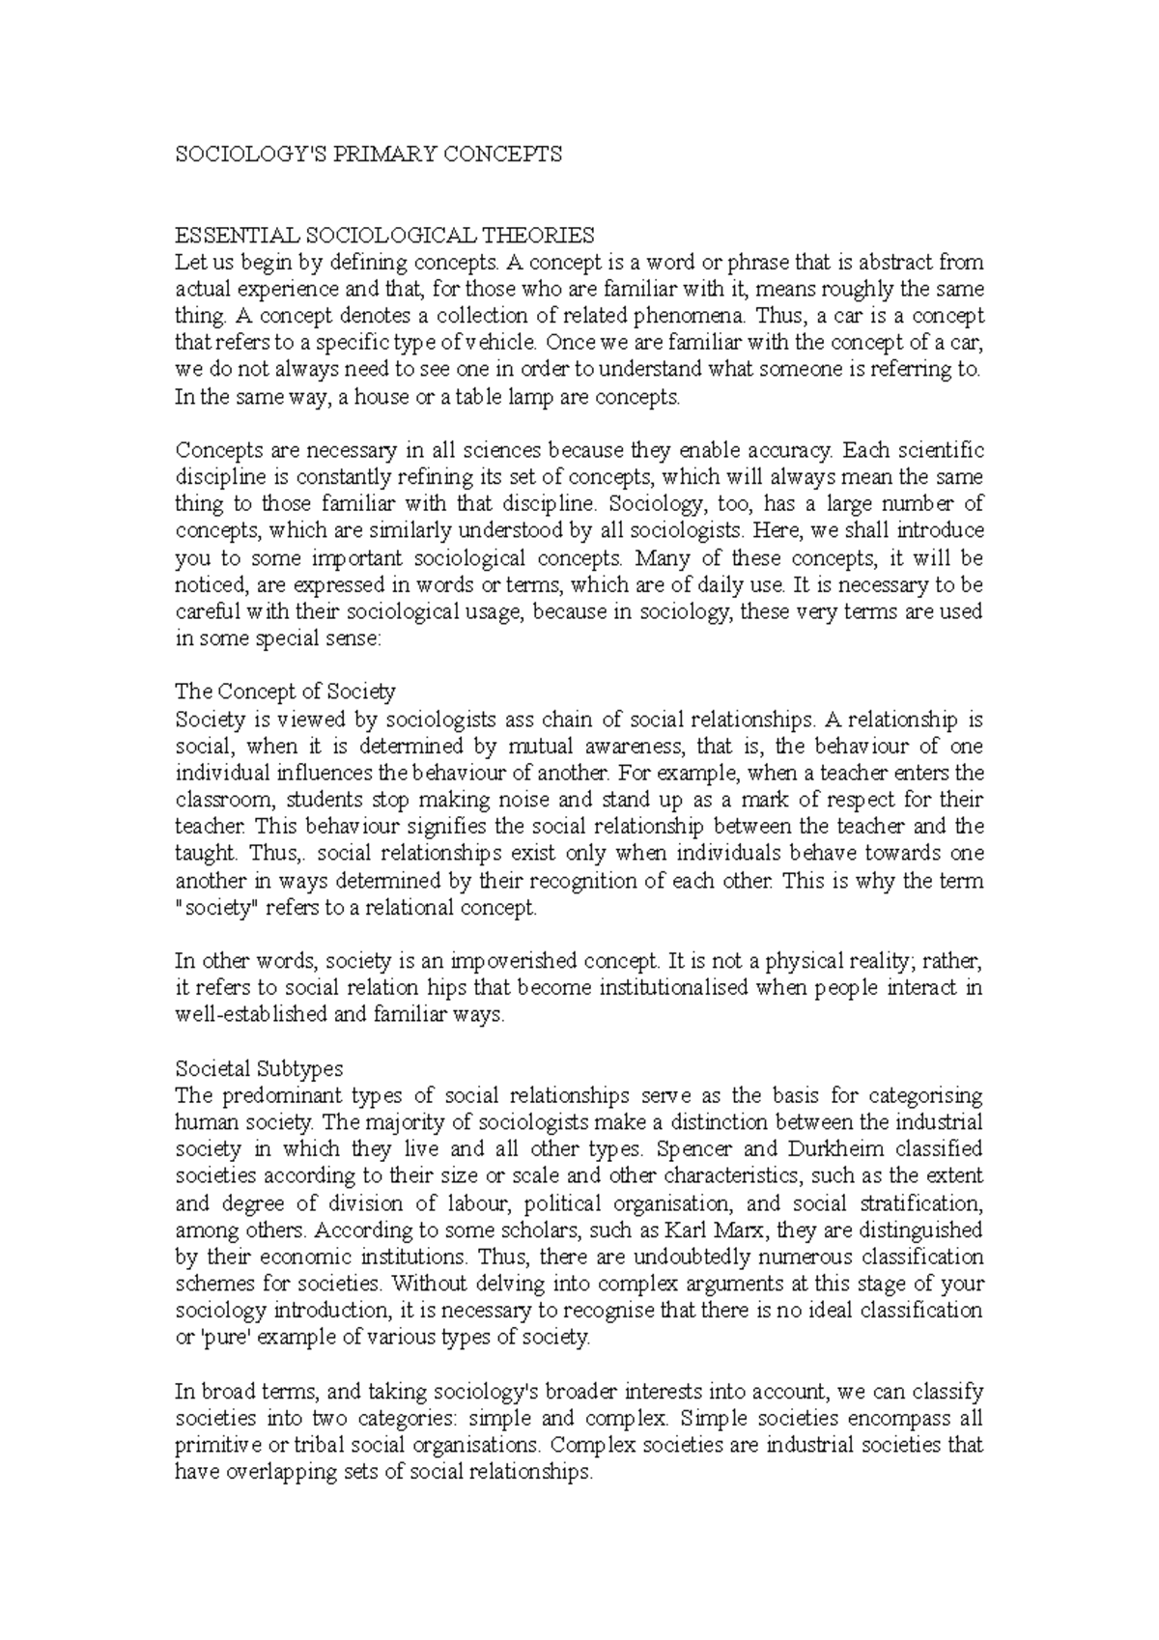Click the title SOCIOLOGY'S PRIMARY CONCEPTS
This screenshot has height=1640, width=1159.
[367, 155]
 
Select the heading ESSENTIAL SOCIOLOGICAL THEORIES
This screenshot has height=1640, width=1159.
[384, 235]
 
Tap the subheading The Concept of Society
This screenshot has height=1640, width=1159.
[285, 692]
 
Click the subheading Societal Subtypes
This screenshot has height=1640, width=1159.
[259, 1069]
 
